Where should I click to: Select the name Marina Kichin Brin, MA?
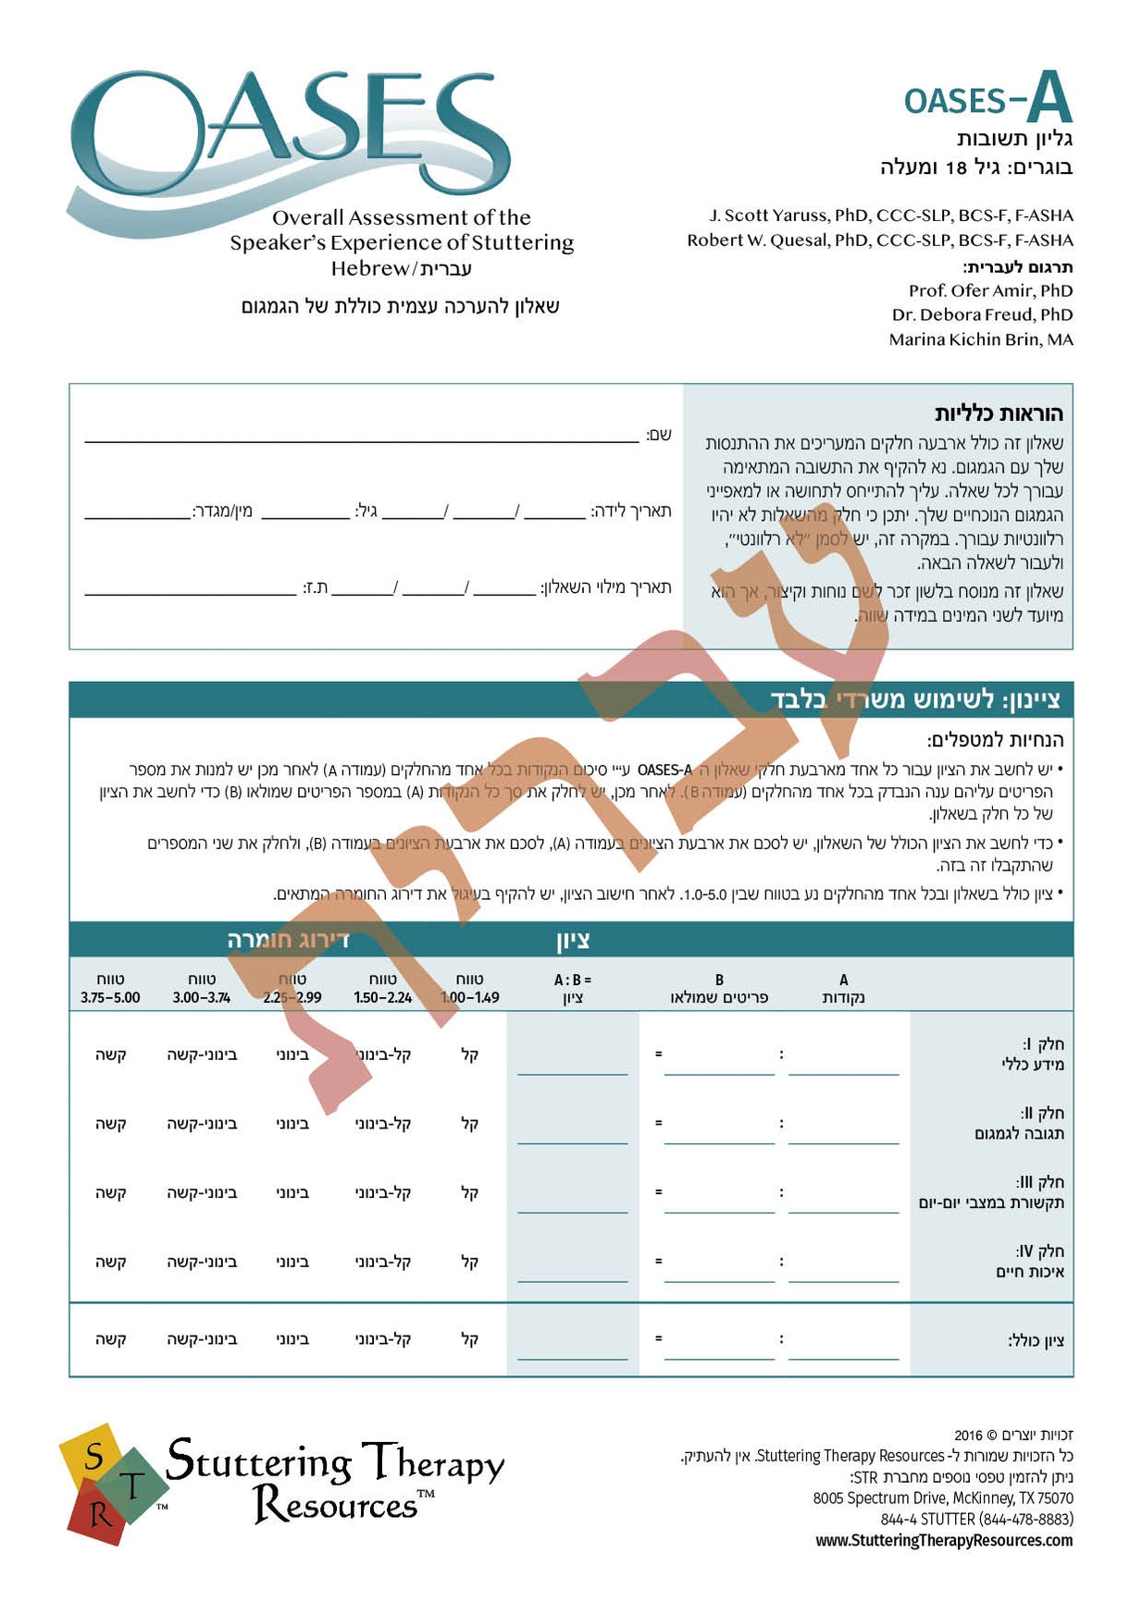coord(981,339)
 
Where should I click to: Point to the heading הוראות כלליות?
coord(998,413)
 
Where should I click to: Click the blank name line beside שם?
coord(361,438)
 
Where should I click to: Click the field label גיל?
coord(366,511)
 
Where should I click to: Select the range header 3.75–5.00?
coord(110,989)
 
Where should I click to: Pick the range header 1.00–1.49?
coord(470,989)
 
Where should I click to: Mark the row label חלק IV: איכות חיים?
coord(1030,1261)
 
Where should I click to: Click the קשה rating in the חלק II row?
coord(110,1124)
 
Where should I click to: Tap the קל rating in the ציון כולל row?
coord(470,1338)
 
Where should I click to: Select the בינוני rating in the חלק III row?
coord(292,1193)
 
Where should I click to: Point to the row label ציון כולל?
coord(1036,1340)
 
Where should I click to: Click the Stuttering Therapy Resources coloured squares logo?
coord(111,1484)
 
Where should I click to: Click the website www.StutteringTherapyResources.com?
coord(944,1540)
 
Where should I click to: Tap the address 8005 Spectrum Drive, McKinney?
coord(943,1498)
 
